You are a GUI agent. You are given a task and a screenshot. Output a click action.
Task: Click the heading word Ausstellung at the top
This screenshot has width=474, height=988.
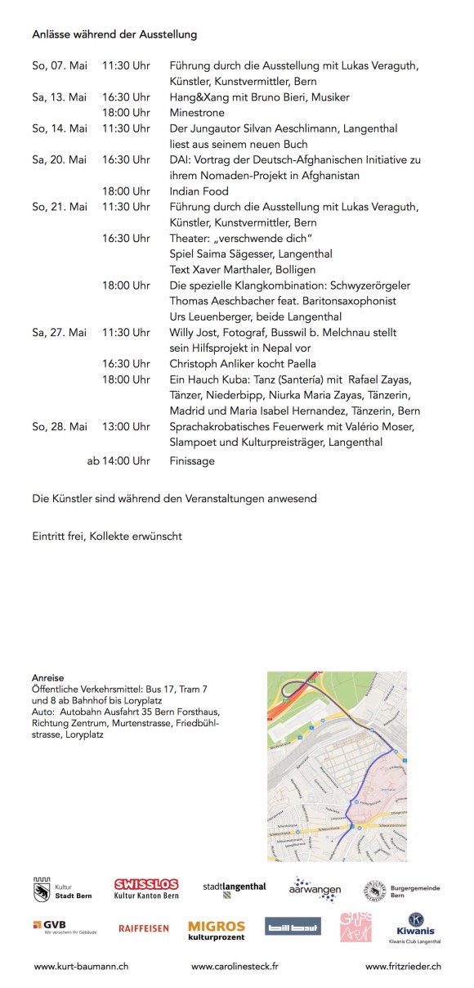[x=169, y=35]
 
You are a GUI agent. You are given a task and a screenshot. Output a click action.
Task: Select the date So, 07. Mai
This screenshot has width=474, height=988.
[x=59, y=65]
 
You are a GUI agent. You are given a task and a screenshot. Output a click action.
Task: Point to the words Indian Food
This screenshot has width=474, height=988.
[x=199, y=191]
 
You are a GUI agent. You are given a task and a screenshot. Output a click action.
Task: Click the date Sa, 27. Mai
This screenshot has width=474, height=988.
[x=59, y=332]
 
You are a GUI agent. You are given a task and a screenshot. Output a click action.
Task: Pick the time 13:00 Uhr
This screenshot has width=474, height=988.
[x=126, y=426]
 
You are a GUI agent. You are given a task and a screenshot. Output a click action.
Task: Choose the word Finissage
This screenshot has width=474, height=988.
[x=192, y=460]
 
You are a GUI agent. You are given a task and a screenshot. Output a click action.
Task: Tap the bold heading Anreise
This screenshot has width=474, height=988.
[x=48, y=678]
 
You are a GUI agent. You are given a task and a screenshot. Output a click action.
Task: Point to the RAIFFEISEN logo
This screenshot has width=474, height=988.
[x=144, y=928]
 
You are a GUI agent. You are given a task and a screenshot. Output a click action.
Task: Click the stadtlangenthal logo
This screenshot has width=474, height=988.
[x=234, y=887]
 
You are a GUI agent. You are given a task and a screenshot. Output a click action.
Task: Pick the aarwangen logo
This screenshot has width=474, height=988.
[x=315, y=888]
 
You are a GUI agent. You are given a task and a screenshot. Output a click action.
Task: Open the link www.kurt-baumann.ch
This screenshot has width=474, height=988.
[x=81, y=966]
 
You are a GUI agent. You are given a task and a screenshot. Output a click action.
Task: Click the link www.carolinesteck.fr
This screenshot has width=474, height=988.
[x=235, y=966]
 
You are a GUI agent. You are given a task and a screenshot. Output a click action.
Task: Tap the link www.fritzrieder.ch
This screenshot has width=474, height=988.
[x=403, y=966]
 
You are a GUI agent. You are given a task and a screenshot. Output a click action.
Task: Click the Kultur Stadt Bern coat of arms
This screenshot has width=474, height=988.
[x=42, y=889]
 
